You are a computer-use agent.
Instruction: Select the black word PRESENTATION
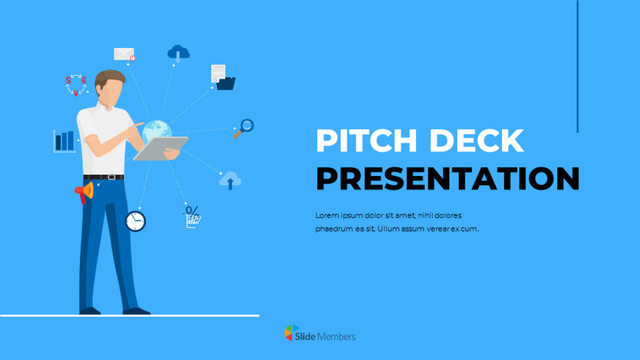447,179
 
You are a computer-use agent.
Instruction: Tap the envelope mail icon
124,54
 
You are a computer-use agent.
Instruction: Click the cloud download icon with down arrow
178,53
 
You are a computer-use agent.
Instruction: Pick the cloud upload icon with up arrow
230,181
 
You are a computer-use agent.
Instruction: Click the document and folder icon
222,77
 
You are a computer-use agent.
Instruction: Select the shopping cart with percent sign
192,218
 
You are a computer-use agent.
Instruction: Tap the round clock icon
135,221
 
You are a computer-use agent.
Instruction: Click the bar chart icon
64,141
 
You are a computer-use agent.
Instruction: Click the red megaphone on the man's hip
84,192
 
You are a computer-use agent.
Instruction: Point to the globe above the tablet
157,130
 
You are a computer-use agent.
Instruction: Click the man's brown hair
109,78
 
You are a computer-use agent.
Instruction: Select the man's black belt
104,177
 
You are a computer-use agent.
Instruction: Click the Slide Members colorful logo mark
291,333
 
